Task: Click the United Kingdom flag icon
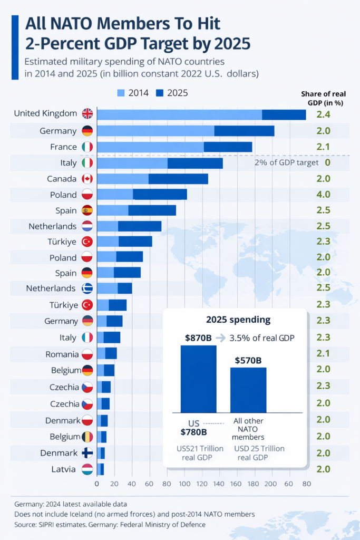click(x=87, y=113)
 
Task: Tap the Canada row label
click(x=62, y=179)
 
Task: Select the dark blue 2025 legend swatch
click(x=160, y=93)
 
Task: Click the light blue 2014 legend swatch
click(x=121, y=93)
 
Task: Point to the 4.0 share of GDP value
click(x=323, y=195)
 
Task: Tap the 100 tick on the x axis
click(x=184, y=483)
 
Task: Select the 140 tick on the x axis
click(x=219, y=483)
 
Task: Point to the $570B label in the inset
click(x=248, y=360)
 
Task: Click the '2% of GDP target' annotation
click(x=286, y=163)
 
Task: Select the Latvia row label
click(x=64, y=469)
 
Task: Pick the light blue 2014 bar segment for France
click(x=150, y=147)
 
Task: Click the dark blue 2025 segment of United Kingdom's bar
click(x=284, y=114)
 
